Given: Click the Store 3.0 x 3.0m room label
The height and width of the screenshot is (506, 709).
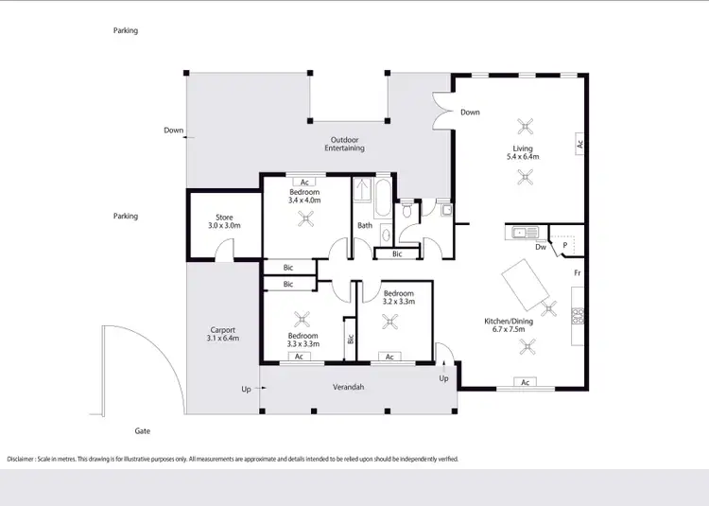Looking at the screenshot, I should click(x=225, y=221).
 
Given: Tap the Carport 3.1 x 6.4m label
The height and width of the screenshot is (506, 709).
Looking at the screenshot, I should click(x=223, y=334).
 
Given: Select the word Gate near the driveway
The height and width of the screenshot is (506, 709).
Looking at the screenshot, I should click(x=143, y=430).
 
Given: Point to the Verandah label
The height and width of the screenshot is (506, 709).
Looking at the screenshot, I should click(x=349, y=387).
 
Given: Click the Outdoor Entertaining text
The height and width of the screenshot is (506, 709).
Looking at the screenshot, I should click(x=344, y=144).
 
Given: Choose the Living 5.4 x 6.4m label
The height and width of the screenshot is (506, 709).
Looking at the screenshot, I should click(x=523, y=152).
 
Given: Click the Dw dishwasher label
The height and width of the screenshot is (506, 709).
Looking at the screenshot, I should click(x=540, y=248).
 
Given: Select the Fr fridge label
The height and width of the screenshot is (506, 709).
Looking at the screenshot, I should click(x=576, y=273).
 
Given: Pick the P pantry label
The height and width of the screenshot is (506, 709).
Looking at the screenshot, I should click(x=565, y=244).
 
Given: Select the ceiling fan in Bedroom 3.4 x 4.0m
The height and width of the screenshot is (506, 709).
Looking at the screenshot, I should click(x=305, y=219).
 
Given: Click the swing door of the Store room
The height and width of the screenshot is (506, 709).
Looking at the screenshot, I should click(x=223, y=250).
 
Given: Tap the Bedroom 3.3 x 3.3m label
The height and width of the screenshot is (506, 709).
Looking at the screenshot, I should click(x=303, y=340).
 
